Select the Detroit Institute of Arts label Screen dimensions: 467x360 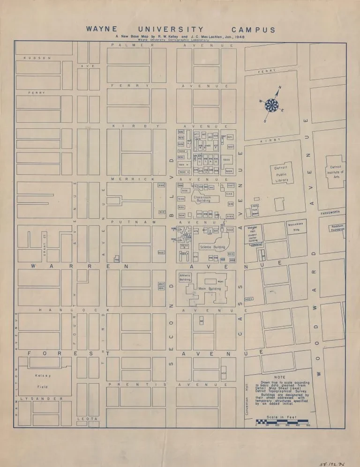click(x=337, y=172)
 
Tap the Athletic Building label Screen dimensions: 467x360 click(x=185, y=277)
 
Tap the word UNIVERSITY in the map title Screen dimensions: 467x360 click(x=171, y=30)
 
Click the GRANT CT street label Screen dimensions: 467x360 click(x=45, y=239)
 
